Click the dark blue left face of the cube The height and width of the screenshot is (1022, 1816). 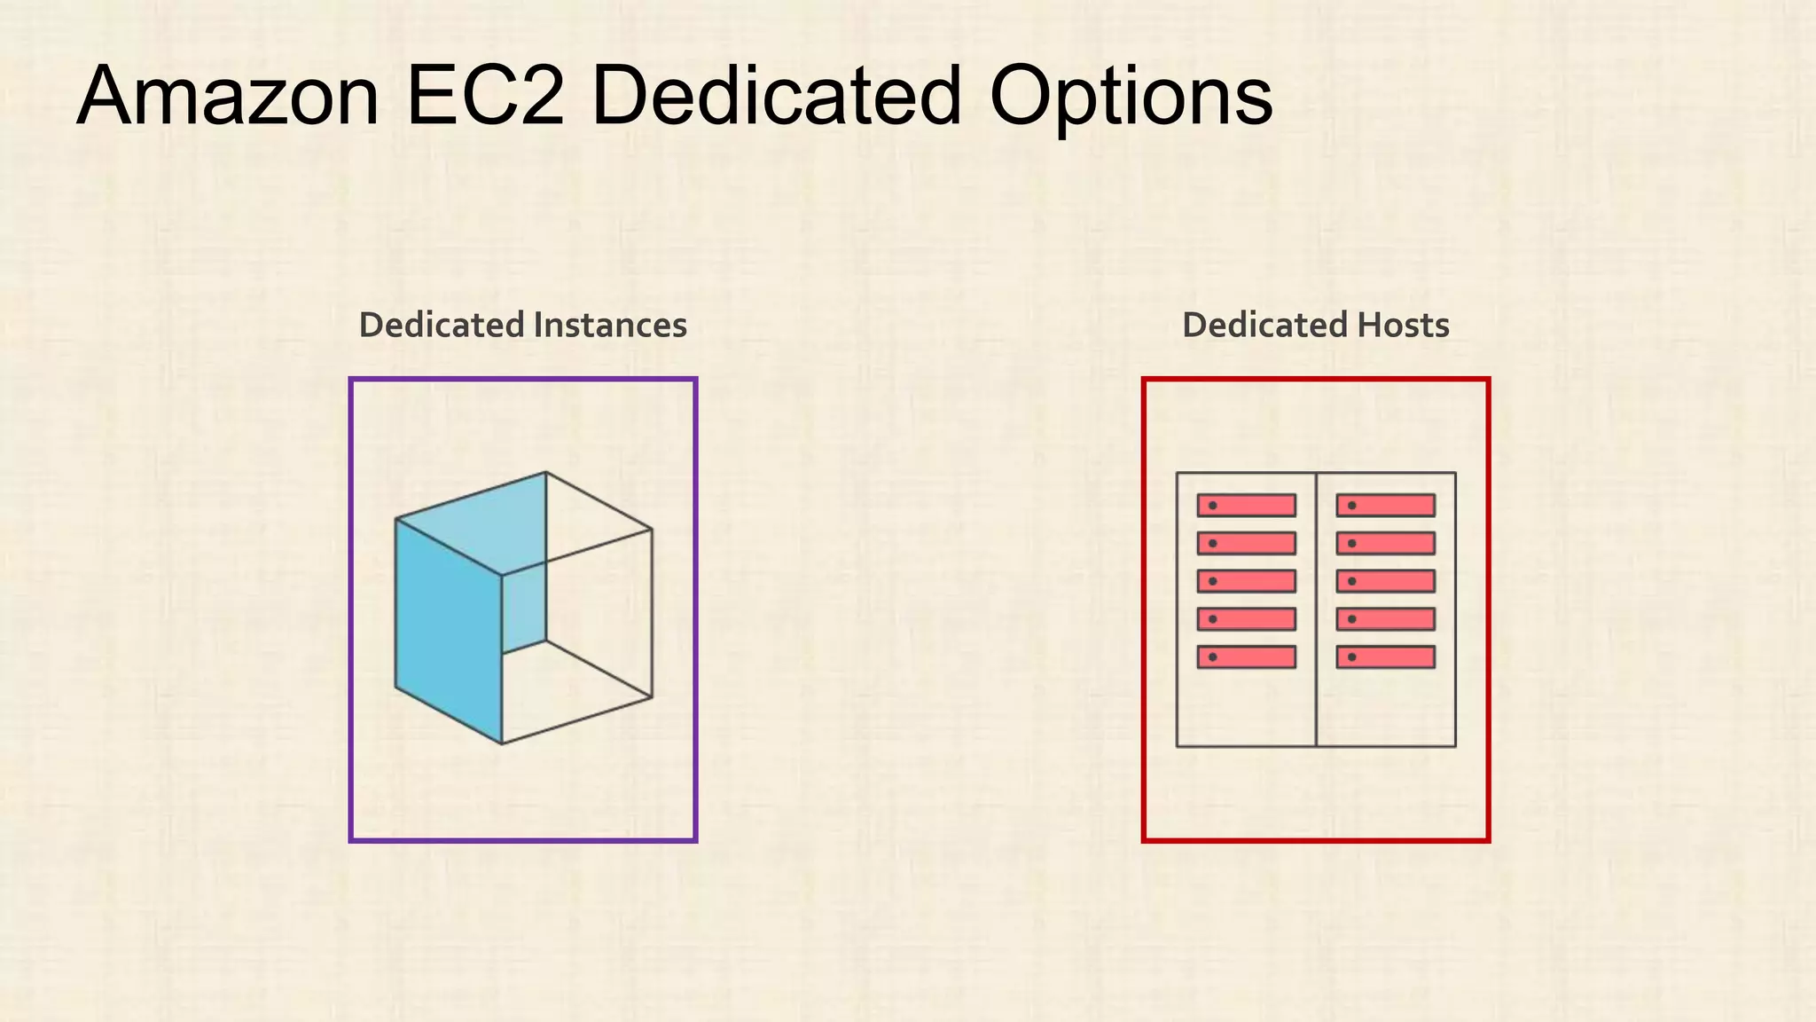pyautogui.click(x=448, y=630)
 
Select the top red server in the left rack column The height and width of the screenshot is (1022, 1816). pyautogui.click(x=1246, y=506)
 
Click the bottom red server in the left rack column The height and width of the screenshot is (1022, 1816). pyautogui.click(x=1246, y=657)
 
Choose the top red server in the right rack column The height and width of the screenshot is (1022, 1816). pyautogui.click(x=1385, y=506)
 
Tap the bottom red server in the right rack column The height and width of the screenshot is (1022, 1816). pyautogui.click(x=1385, y=657)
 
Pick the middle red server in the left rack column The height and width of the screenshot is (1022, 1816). pyautogui.click(x=1246, y=581)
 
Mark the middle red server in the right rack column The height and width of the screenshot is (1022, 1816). pyautogui.click(x=1385, y=581)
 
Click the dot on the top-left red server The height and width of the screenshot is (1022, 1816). pyautogui.click(x=1212, y=506)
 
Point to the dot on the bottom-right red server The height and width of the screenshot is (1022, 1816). pyautogui.click(x=1351, y=657)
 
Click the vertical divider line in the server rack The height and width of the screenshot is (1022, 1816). pyautogui.click(x=1316, y=710)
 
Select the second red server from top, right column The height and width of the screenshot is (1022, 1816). pyautogui.click(x=1385, y=543)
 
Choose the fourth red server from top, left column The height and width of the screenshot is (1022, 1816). pyautogui.click(x=1246, y=619)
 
